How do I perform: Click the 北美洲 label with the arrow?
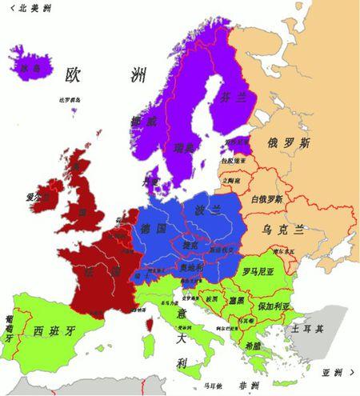point(26,9)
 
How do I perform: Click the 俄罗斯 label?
point(284,143)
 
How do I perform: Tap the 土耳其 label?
point(306,329)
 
